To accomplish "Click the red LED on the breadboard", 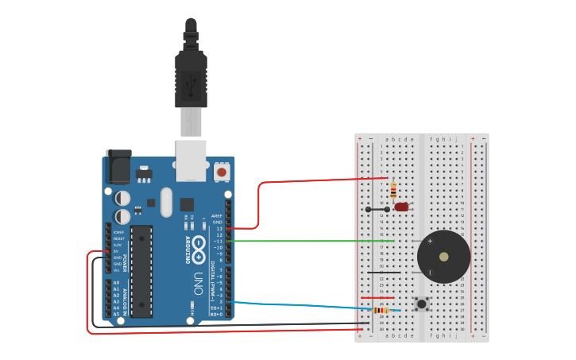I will tap(401, 207).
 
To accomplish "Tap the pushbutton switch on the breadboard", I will tap(421, 304).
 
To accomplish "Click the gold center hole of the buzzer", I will tap(443, 257).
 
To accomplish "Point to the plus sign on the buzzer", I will tap(430, 241).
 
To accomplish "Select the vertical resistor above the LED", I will tap(393, 191).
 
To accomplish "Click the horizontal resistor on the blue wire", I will tap(381, 310).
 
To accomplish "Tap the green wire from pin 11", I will tap(318, 241).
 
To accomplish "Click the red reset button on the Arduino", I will tap(222, 171).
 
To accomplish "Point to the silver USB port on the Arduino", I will tap(191, 159).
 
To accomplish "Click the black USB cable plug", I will tap(191, 79).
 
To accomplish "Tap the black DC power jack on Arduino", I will tap(118, 167).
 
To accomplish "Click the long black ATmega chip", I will tap(141, 270).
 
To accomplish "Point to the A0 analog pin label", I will tap(117, 283).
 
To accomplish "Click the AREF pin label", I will tap(217, 215).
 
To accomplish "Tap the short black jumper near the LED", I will tap(377, 210).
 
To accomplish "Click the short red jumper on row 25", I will tap(377, 298).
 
